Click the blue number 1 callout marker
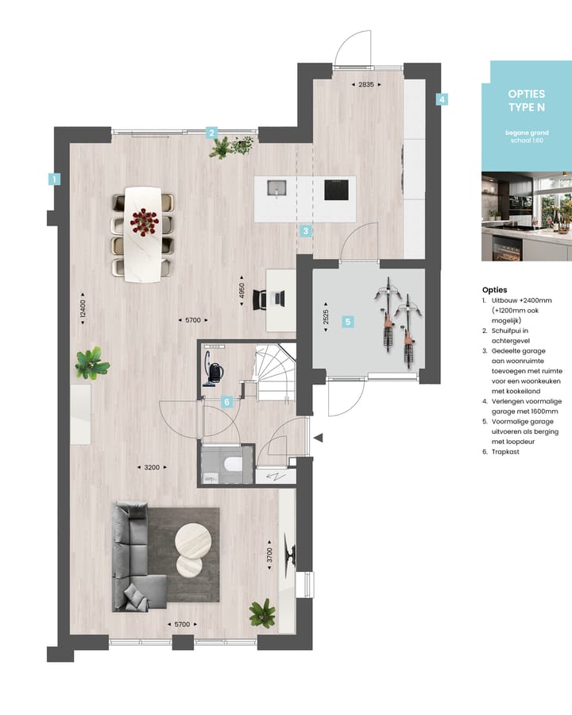click(54, 180)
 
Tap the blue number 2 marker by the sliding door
click(212, 133)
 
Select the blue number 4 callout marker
click(442, 100)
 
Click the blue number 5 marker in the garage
click(347, 322)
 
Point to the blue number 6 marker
click(227, 402)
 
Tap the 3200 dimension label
click(150, 467)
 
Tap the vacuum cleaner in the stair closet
click(213, 373)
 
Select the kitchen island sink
click(275, 189)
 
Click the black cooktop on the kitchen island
click(335, 189)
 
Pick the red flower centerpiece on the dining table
click(145, 221)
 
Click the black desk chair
click(262, 299)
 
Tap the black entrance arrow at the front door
click(319, 438)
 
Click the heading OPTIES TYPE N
click(526, 100)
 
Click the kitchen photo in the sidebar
click(526, 216)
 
